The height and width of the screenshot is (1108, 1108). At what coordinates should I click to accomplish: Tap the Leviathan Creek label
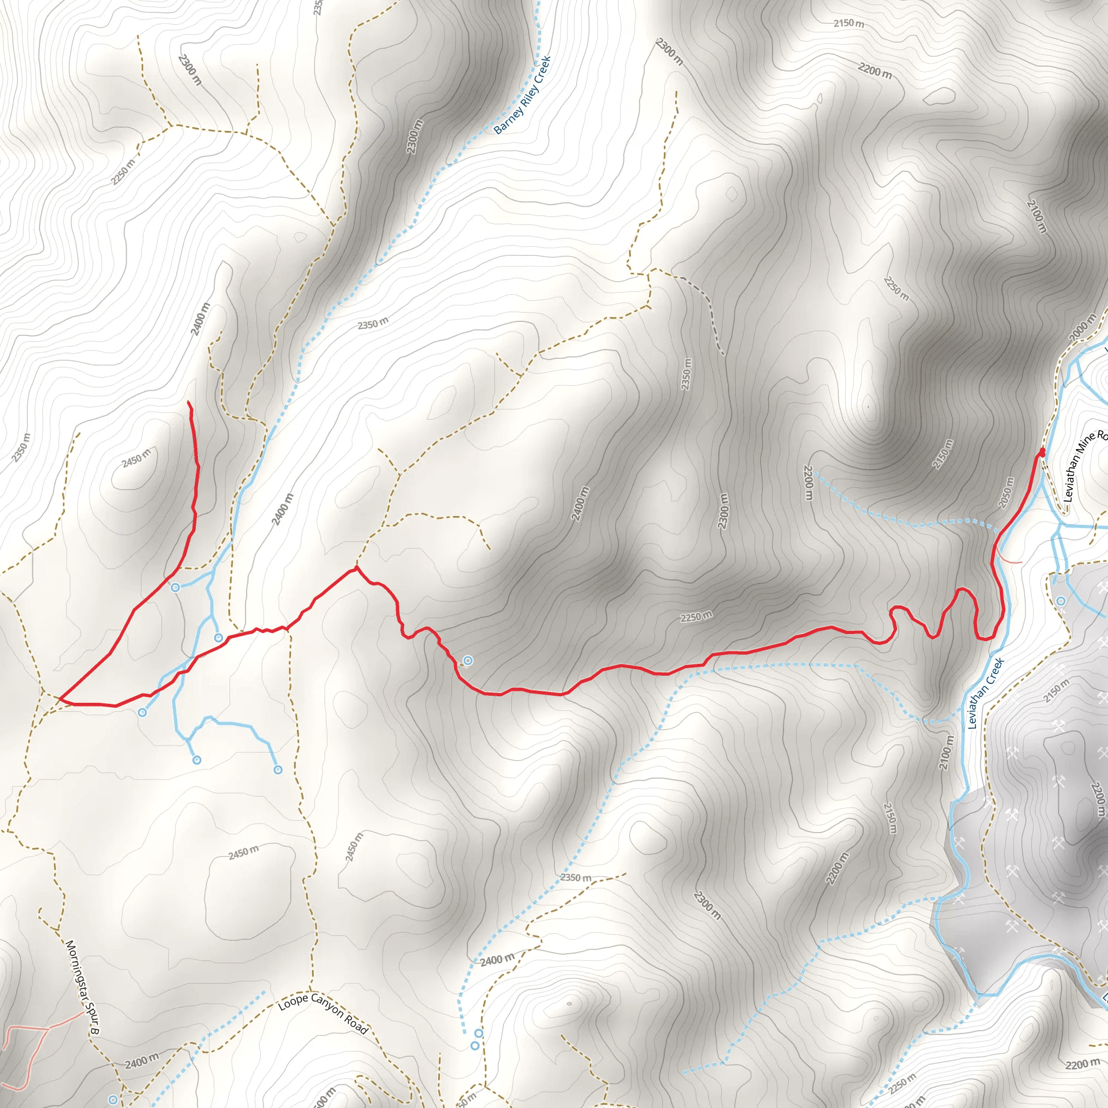(x=986, y=694)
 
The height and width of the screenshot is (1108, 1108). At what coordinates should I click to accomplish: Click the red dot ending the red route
(x=1042, y=453)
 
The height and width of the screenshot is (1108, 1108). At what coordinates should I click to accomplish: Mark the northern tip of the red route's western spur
(x=189, y=403)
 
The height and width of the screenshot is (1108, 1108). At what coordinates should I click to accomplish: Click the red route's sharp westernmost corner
(x=60, y=698)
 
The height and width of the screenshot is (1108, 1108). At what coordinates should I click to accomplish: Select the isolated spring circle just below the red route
(x=468, y=661)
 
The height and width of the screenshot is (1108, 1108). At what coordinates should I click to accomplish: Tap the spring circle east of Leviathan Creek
(x=1061, y=601)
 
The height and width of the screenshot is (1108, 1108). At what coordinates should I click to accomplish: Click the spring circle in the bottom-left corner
(x=114, y=1099)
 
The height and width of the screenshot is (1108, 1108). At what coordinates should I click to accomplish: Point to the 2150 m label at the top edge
(x=849, y=23)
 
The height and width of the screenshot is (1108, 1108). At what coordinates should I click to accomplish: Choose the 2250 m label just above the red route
(x=696, y=617)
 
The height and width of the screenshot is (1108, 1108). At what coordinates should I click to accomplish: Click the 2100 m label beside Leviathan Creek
(x=947, y=752)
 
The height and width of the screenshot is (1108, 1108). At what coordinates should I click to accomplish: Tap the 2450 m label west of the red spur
(x=136, y=458)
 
